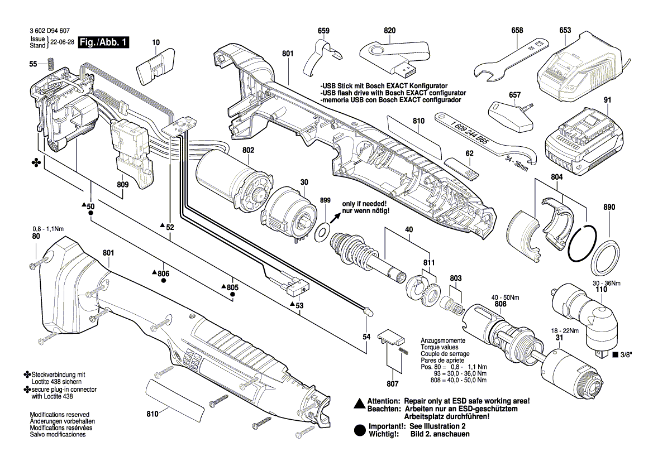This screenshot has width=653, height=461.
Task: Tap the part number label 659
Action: click(x=323, y=31)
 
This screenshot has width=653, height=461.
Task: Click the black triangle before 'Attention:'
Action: click(x=360, y=402)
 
